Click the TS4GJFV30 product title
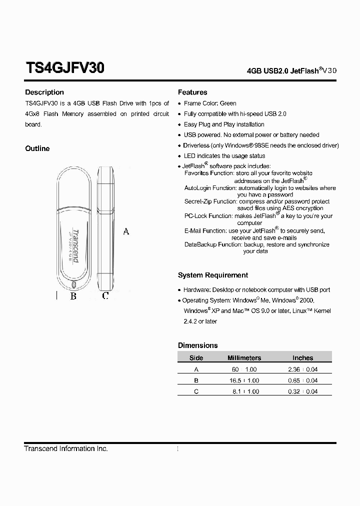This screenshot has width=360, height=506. tap(64, 68)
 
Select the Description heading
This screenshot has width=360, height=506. tap(44, 92)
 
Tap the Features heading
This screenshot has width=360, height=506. tap(192, 92)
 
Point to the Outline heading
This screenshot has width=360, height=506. tap(37, 148)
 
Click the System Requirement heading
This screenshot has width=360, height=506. tap(213, 275)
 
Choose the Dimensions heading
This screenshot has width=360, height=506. tap(198, 345)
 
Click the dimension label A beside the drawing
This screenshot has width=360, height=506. tap(126, 231)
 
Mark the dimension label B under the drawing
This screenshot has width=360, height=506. tap(73, 296)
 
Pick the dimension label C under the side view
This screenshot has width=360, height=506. tap(105, 296)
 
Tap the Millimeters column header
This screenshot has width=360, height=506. tap(244, 358)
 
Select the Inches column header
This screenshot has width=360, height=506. tap(302, 358)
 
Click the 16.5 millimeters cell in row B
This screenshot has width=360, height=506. tap(235, 380)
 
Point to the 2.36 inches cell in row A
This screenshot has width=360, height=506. tap(294, 369)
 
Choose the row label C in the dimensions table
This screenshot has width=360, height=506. tap(196, 391)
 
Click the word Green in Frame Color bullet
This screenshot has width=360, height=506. tap(228, 103)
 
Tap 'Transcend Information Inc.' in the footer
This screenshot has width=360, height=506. tap(66, 448)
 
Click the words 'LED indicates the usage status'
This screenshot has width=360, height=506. tap(224, 156)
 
